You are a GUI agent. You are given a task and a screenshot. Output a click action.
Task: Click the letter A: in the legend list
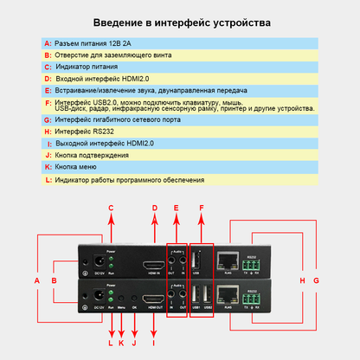[x=48, y=42]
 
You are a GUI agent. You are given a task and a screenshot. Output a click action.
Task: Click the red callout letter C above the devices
[x=111, y=208]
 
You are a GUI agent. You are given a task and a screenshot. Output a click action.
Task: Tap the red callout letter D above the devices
[x=154, y=208]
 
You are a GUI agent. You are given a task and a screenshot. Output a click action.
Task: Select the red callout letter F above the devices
[x=201, y=208]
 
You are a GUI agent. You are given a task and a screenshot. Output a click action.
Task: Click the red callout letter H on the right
[x=302, y=281]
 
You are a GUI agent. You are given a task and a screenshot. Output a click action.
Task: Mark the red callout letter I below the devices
[x=154, y=344]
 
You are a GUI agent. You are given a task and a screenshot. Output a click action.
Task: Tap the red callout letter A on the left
[x=37, y=281]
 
